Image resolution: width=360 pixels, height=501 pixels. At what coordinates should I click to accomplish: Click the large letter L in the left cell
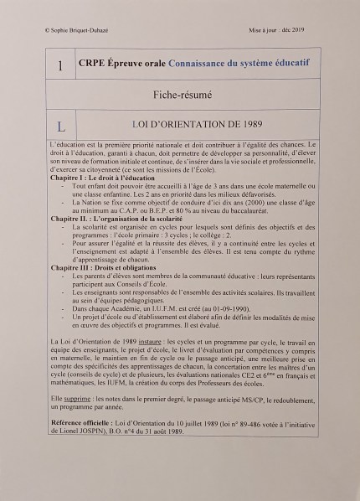coord(60,126)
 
